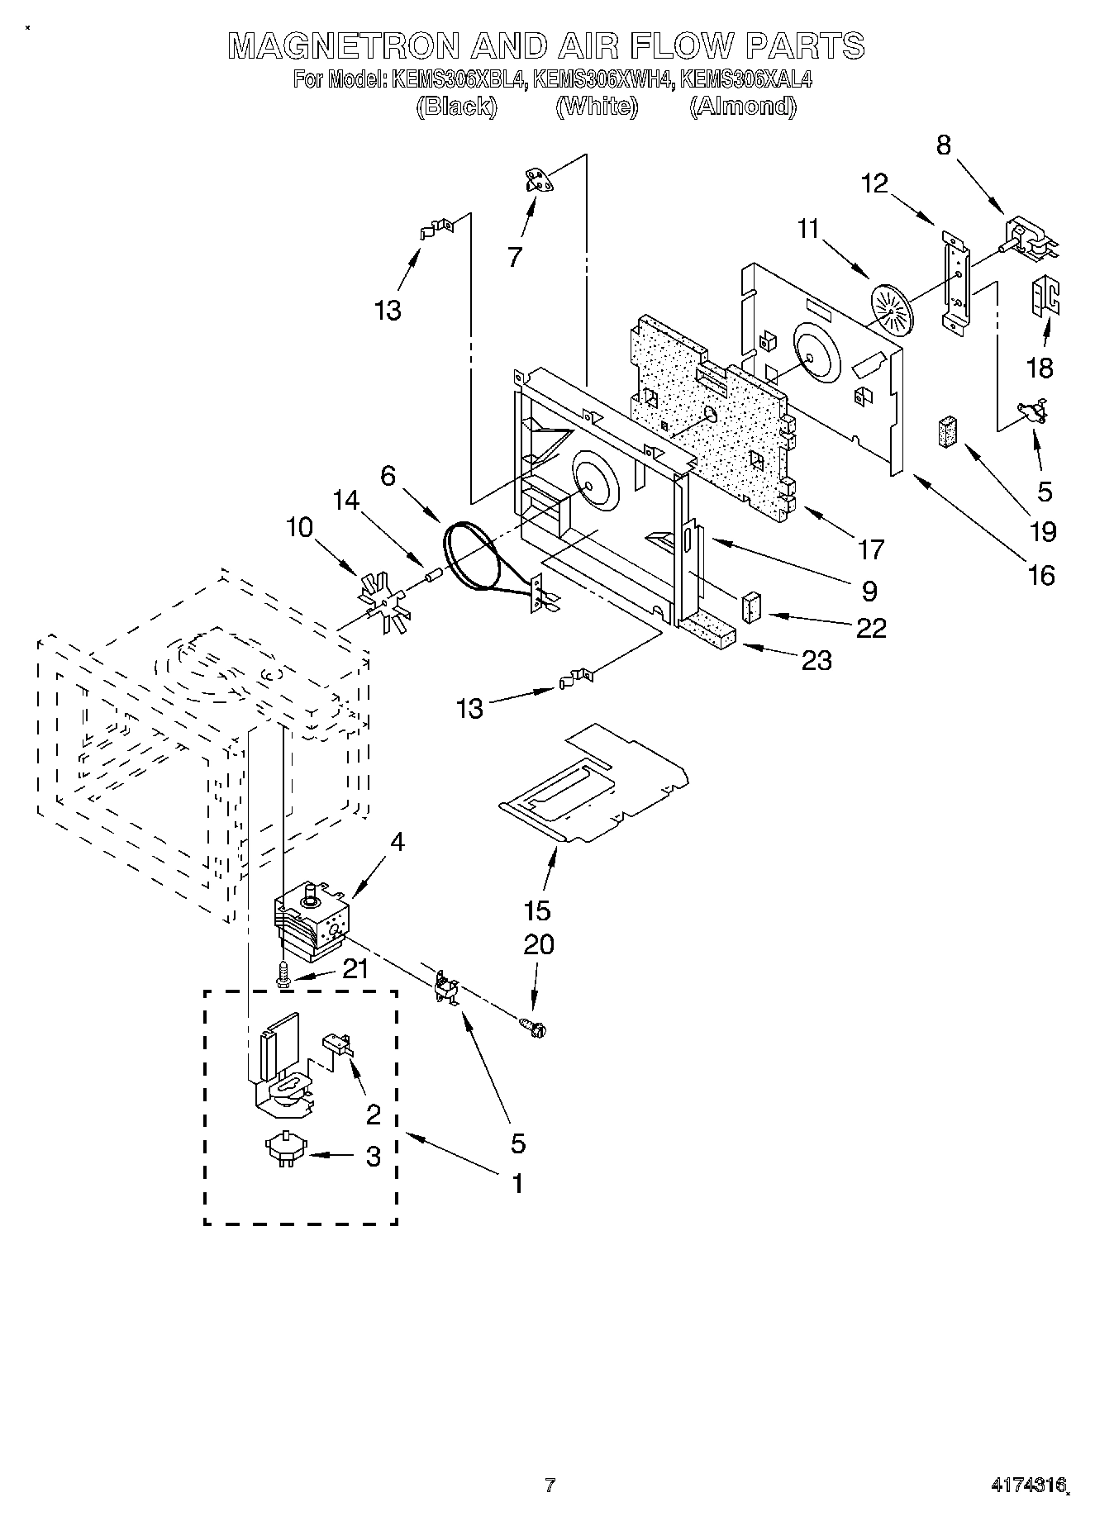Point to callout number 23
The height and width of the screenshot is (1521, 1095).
816,660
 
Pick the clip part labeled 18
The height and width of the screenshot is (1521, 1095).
1044,295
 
